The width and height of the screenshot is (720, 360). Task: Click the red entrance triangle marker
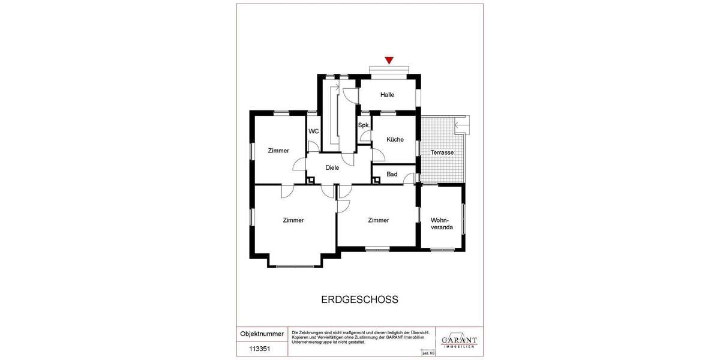coord(389,60)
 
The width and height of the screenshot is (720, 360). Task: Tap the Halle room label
coord(387,95)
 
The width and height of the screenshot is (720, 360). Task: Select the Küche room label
coord(395,139)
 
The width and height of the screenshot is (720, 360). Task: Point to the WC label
coord(313,131)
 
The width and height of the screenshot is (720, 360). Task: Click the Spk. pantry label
coord(363,125)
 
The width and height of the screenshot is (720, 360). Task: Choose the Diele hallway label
coord(332,168)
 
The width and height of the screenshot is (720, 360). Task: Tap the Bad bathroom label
coord(392,175)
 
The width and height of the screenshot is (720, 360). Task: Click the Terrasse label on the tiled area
coord(442,153)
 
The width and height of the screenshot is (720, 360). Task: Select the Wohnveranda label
coord(442,223)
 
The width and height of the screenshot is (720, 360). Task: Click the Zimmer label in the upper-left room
coord(278,151)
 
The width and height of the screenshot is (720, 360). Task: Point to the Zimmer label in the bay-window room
coord(293,220)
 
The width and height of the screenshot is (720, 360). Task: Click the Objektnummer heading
coord(262,334)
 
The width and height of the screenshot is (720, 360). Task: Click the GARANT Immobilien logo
coord(459,342)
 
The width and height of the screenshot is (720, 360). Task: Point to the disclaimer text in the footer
coord(360,337)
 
